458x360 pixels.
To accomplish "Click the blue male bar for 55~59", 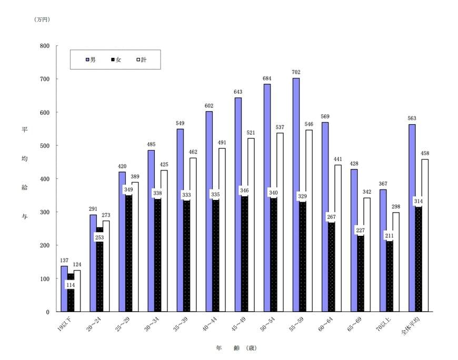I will (296, 195).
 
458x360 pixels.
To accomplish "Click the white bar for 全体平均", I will (425, 235).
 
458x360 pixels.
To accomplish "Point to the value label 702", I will (296, 73).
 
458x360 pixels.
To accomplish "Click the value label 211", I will (389, 235).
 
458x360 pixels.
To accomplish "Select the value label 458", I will (425, 154).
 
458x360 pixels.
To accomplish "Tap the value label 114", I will (71, 285).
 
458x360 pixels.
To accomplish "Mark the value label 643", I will (238, 92).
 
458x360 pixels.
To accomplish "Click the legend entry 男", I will (91, 60).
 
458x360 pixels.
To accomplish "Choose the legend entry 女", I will (116, 60).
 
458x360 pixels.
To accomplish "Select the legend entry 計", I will (141, 60).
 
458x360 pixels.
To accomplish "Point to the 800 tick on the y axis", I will (45, 46).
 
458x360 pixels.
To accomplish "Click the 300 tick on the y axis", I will (45, 212).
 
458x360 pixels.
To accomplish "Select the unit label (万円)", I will (42, 19).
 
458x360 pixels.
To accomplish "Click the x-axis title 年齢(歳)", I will (236, 348).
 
